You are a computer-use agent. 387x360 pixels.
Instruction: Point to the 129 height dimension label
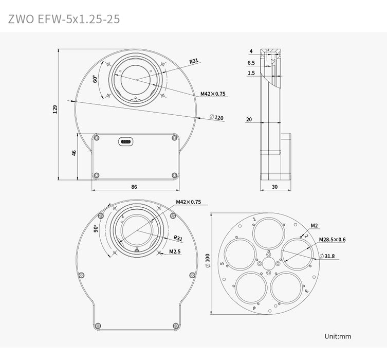coord(55,109)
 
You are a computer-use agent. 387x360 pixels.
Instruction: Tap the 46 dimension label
coord(74,154)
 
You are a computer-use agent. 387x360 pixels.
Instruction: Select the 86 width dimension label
coord(134,187)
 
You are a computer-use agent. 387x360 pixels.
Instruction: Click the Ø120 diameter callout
coord(217,117)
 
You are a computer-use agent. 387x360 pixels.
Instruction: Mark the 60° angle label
coord(95,79)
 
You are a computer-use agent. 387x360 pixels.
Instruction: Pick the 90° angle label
coord(96,229)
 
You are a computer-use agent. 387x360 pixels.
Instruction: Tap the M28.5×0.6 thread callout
coord(332,239)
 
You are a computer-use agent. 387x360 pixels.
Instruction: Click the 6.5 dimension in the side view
coord(251,63)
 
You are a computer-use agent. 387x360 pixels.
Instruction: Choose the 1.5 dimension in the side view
coord(251,74)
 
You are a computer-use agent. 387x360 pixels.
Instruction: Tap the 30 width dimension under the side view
coord(274,187)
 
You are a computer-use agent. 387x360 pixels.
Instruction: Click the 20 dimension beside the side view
coord(249,119)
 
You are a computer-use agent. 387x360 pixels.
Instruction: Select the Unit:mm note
coord(338,336)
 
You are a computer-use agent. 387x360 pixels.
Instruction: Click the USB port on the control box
coord(126,142)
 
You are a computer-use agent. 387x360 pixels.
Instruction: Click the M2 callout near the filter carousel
coord(315,225)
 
